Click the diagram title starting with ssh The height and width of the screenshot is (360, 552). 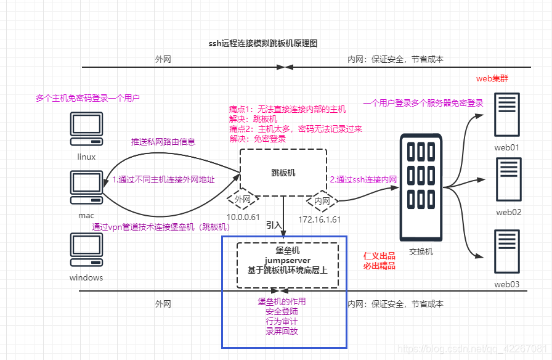[263, 44]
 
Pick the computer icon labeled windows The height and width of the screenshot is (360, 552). [86, 250]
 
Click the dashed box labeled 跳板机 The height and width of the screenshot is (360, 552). [283, 173]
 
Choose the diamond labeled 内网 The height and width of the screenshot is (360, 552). [322, 200]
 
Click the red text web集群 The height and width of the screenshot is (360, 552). [492, 79]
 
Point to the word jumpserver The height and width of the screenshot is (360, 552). [287, 261]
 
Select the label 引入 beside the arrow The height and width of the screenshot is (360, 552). [274, 225]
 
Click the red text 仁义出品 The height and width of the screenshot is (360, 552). [379, 255]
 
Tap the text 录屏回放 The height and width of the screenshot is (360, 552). [282, 332]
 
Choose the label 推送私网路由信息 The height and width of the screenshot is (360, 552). [163, 142]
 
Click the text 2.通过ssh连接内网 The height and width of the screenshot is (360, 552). [363, 179]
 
